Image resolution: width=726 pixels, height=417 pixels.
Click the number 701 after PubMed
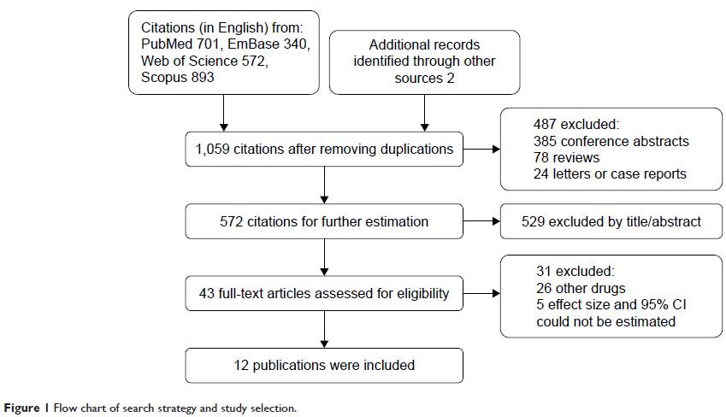pyautogui.click(x=206, y=44)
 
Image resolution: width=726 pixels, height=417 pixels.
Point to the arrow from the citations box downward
pyautogui.click(x=224, y=113)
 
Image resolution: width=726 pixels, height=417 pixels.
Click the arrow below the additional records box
pyautogui.click(x=425, y=113)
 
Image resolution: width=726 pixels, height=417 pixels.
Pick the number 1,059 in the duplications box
pyautogui.click(x=213, y=149)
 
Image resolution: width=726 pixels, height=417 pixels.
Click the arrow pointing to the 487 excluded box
pyautogui.click(x=481, y=149)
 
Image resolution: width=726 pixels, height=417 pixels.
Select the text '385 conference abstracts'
pyautogui.click(x=611, y=141)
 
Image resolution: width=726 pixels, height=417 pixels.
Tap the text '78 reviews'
pyautogui.click(x=566, y=157)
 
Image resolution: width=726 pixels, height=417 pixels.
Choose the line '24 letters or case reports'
pyautogui.click(x=610, y=174)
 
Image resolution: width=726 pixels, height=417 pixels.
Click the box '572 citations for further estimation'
pyautogui.click(x=324, y=221)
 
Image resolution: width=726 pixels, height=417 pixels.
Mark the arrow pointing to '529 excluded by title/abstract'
pyautogui.click(x=481, y=221)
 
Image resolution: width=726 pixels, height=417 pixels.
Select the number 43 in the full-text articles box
pyautogui.click(x=206, y=293)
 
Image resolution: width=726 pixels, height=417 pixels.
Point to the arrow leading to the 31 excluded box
pyautogui.click(x=481, y=293)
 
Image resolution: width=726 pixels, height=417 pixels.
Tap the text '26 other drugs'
pyautogui.click(x=581, y=288)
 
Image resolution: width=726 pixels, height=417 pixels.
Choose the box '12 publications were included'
pyautogui.click(x=324, y=366)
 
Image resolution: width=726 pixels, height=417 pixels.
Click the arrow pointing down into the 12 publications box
pyautogui.click(x=324, y=329)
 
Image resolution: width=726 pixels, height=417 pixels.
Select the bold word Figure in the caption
pyautogui.click(x=21, y=408)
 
